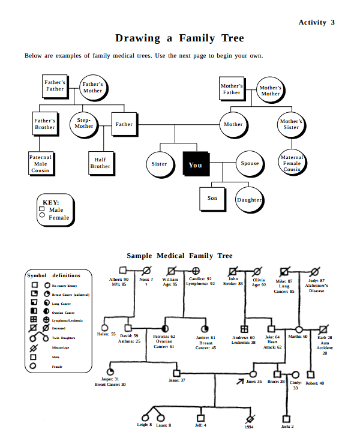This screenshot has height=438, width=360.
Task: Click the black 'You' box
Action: coord(195,164)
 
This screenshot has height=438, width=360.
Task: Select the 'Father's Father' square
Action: coord(55,85)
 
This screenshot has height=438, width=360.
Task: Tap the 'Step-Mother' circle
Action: coord(84,124)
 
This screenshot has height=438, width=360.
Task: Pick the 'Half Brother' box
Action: coord(100,163)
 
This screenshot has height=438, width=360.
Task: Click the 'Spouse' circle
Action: coord(250,163)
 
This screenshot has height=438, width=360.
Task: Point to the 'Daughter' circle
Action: coord(249,200)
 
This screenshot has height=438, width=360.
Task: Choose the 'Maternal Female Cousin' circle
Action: coord(292,163)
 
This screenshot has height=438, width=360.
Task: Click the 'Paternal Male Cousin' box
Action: coord(40,164)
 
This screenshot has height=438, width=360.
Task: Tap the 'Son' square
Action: coord(212,198)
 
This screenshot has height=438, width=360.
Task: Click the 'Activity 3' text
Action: coord(316,22)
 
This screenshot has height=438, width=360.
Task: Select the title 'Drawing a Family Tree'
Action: coord(179,38)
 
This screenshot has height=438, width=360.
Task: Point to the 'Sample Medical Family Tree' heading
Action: coord(179,256)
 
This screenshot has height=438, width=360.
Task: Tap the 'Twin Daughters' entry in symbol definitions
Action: coord(63,338)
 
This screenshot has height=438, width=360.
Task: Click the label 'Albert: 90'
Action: coord(119,280)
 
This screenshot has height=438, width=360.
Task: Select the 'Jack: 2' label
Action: coord(287,426)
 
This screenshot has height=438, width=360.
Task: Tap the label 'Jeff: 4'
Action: coord(201,425)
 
